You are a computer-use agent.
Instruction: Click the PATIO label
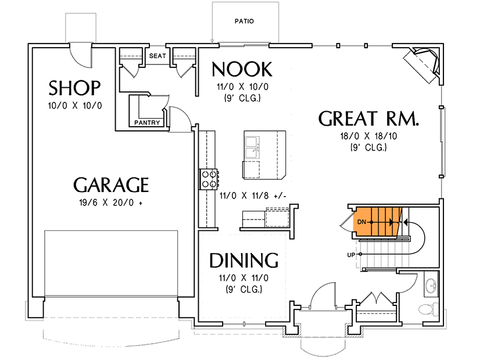(x=244, y=22)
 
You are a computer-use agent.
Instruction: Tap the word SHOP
(x=75, y=88)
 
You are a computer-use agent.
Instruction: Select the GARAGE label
(x=111, y=185)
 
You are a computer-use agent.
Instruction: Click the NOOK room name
(x=241, y=70)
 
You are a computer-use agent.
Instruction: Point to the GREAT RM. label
(x=369, y=119)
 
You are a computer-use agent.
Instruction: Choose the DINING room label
(x=244, y=260)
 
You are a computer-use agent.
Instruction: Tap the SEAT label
(x=157, y=56)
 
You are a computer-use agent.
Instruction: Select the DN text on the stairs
(x=361, y=222)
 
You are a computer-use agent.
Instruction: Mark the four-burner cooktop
(x=209, y=179)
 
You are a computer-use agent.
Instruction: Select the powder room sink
(x=431, y=286)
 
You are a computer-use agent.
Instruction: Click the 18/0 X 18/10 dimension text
(x=369, y=137)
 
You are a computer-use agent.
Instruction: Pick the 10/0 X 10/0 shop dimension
(x=75, y=106)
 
